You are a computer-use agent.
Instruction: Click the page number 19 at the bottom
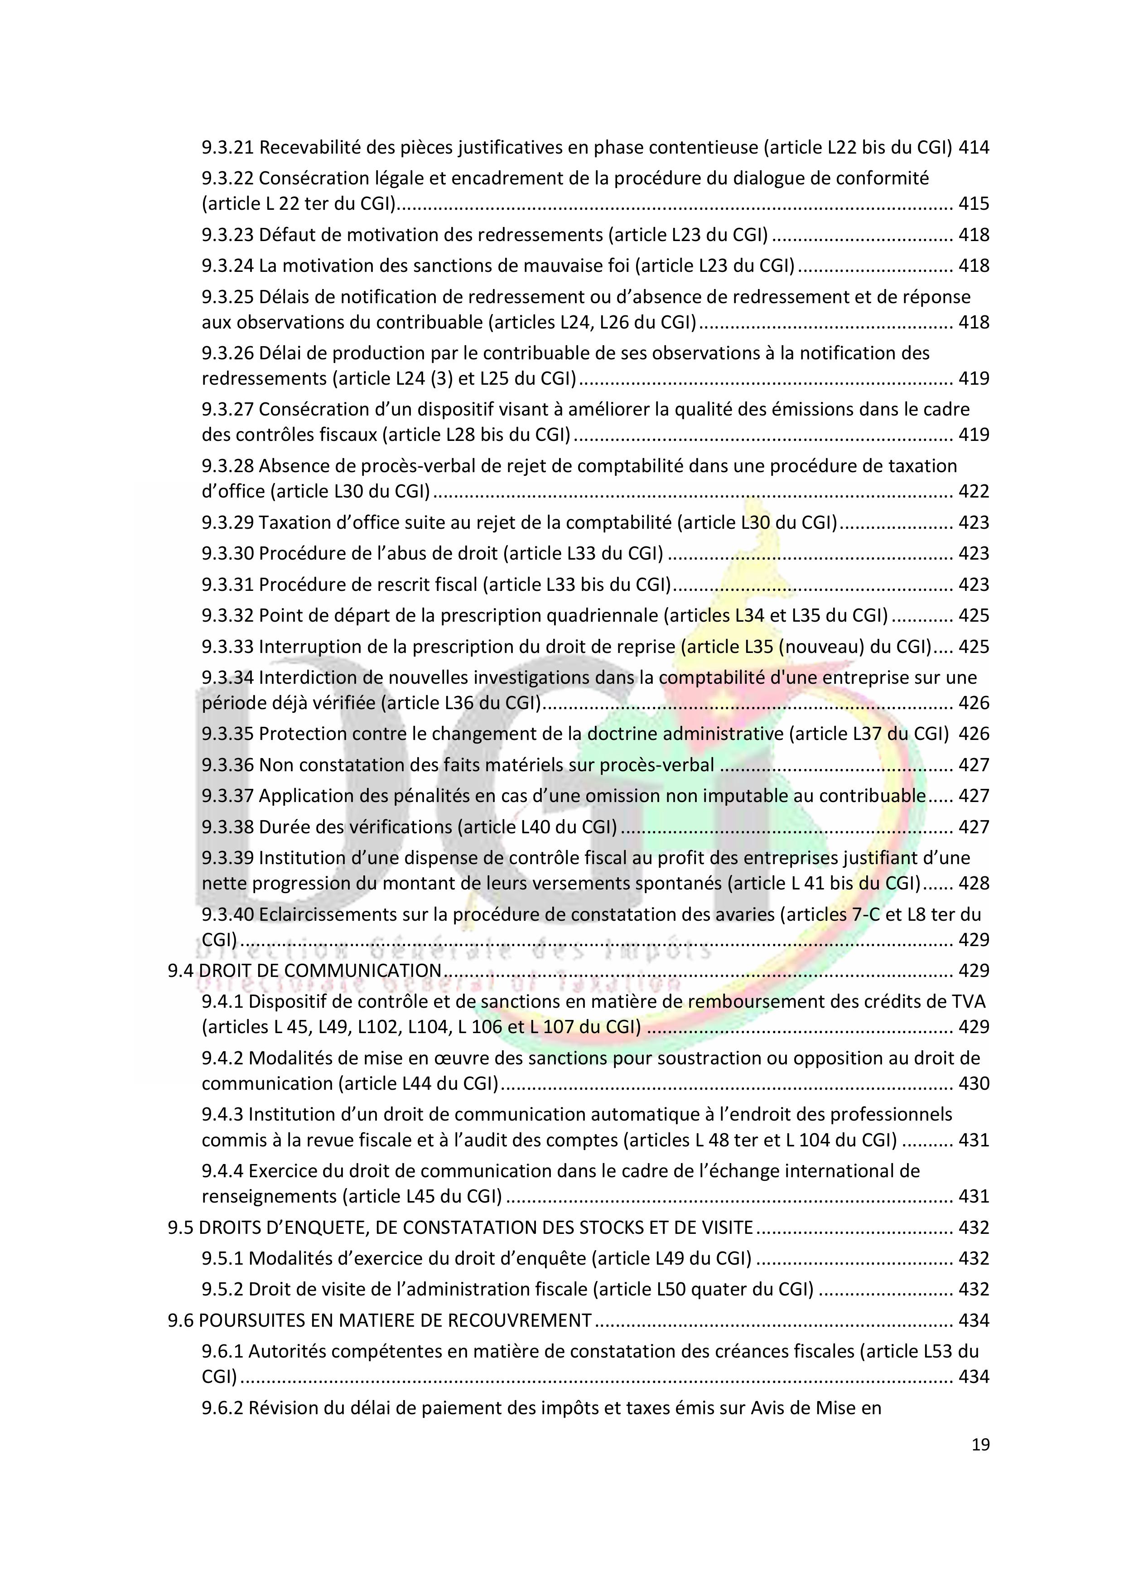point(980,1444)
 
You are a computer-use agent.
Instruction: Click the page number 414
point(974,148)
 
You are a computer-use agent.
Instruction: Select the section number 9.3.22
point(228,179)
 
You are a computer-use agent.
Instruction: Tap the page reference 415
point(974,204)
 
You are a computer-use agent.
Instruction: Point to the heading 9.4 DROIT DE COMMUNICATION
point(305,971)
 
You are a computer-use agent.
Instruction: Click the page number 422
point(974,492)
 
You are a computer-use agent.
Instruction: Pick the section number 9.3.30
point(228,554)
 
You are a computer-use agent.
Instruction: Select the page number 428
point(974,884)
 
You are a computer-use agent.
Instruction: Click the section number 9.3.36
point(228,765)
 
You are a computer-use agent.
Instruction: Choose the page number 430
point(974,1084)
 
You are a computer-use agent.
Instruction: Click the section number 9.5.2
point(222,1290)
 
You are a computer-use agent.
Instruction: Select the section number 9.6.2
point(222,1409)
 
